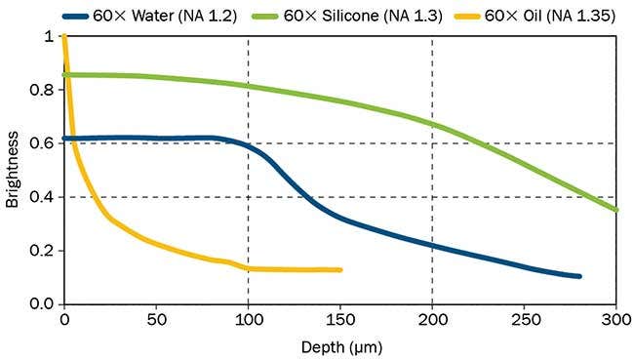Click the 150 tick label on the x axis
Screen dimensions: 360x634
(340, 320)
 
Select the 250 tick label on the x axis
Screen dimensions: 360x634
(525, 320)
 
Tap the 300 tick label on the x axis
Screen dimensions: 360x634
(616, 320)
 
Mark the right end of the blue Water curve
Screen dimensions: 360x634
(579, 276)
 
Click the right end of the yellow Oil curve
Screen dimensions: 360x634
(339, 269)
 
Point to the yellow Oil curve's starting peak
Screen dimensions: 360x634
(64, 38)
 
